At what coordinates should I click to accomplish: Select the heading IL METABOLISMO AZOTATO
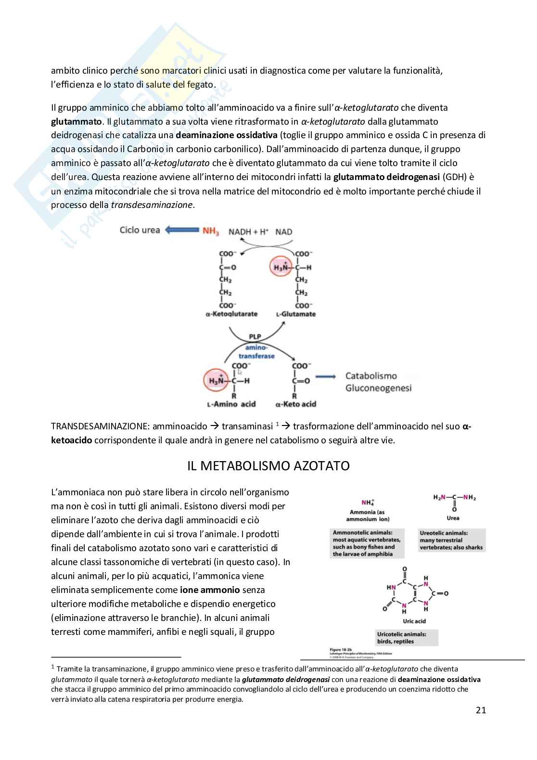click(268, 466)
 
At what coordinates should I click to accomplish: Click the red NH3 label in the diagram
click(211, 232)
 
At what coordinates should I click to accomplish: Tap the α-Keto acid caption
click(295, 404)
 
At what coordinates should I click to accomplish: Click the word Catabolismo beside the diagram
click(371, 375)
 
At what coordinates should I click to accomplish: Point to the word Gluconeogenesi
click(378, 388)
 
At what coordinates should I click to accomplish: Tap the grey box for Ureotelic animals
click(451, 540)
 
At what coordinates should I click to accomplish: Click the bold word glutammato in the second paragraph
click(73, 121)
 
